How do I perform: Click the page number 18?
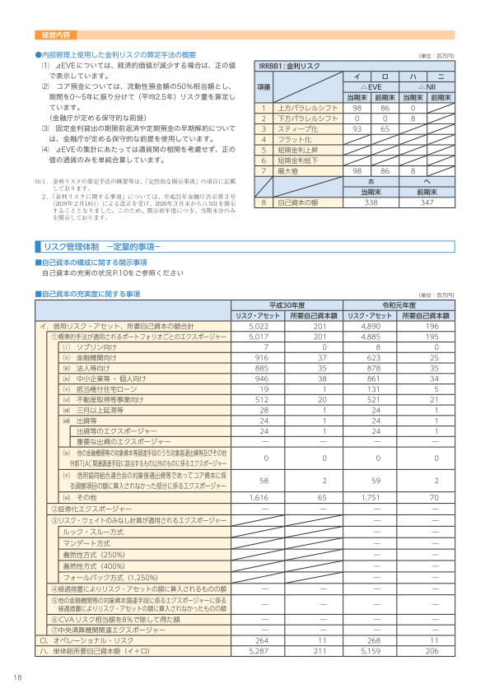(x=17, y=677)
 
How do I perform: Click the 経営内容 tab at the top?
(x=55, y=35)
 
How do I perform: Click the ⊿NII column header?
(x=427, y=86)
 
